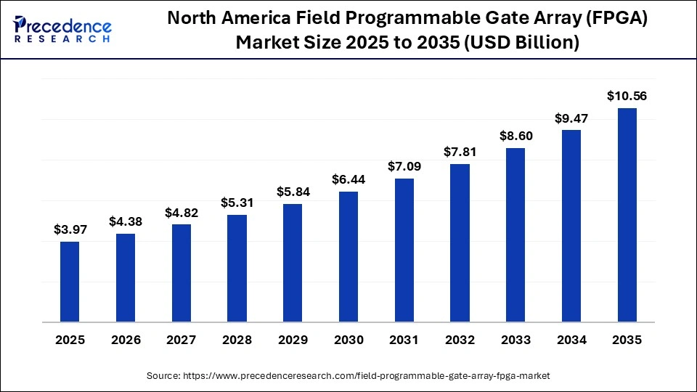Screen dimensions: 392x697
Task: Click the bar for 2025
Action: (x=70, y=281)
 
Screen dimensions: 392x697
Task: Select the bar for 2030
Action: (x=348, y=256)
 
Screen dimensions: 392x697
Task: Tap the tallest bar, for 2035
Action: (x=627, y=214)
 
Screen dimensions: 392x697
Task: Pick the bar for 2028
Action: (x=237, y=268)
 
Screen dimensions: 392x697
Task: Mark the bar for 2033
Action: (x=515, y=234)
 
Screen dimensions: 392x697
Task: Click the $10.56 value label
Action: (x=627, y=96)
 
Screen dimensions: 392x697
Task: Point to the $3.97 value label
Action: (x=70, y=229)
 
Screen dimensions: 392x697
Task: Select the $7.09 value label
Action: (x=404, y=166)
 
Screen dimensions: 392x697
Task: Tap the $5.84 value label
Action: (x=293, y=192)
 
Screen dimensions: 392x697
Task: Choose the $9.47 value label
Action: (x=571, y=118)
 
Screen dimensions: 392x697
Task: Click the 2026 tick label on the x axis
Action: (x=126, y=340)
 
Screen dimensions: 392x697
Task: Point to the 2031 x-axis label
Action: (x=404, y=340)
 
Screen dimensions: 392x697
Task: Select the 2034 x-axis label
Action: (x=571, y=340)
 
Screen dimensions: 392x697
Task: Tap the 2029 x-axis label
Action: (x=293, y=340)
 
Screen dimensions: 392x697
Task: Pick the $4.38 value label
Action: (x=126, y=221)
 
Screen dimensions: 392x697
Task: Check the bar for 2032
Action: (x=460, y=242)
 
